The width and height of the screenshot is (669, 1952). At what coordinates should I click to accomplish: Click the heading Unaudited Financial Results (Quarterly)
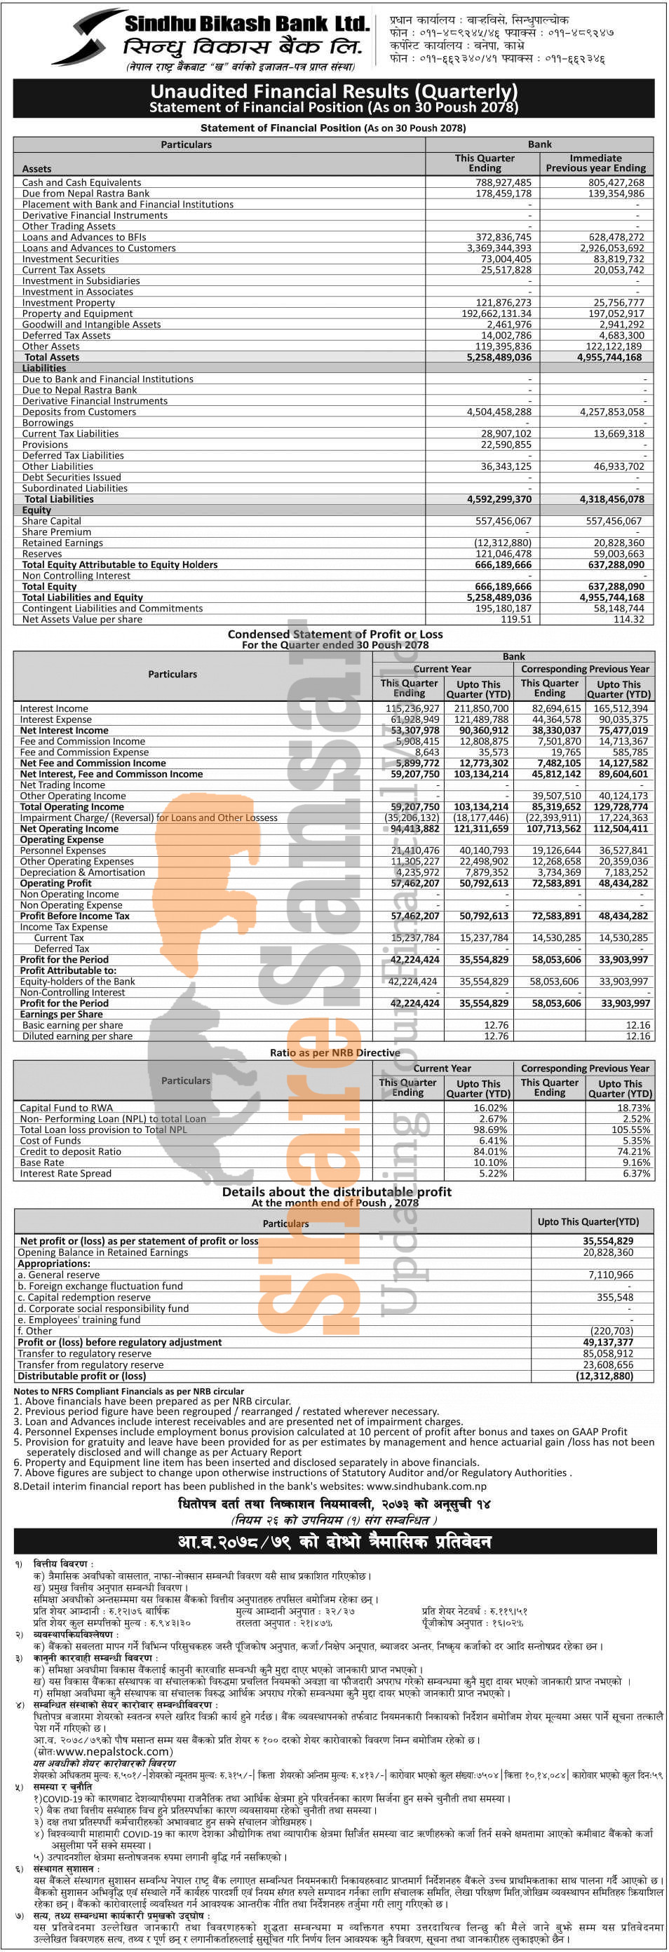tap(333, 92)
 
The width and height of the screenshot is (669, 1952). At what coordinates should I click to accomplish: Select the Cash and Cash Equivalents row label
tap(81, 182)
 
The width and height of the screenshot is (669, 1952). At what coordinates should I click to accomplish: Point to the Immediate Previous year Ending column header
tap(595, 163)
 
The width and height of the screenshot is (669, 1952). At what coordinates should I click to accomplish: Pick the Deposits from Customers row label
tap(79, 412)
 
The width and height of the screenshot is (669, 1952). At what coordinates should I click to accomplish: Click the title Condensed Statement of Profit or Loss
tap(335, 635)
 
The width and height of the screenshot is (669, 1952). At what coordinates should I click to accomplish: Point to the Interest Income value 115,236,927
tap(412, 708)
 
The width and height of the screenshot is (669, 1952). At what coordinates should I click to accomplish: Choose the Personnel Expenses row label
tap(63, 850)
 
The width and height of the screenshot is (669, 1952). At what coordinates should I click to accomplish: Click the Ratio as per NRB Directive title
tap(335, 1052)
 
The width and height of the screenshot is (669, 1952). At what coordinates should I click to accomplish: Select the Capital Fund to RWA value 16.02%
tap(490, 1108)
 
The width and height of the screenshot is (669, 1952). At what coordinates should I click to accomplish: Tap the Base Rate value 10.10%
tap(490, 1163)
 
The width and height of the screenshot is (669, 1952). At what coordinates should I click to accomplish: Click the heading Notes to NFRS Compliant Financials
tap(129, 1391)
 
